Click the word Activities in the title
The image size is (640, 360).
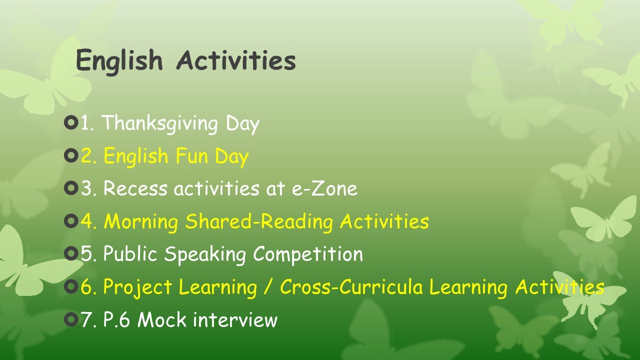(x=236, y=60)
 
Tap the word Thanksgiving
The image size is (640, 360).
(x=160, y=123)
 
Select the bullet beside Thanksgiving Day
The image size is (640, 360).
(x=71, y=123)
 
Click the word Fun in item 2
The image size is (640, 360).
(x=191, y=155)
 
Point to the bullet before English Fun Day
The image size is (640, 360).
(x=71, y=155)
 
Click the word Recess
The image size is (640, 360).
(x=135, y=188)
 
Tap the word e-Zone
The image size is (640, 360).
(x=324, y=188)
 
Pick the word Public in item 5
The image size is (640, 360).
(x=130, y=253)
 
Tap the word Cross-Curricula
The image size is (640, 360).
(x=351, y=286)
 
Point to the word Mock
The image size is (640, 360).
(x=162, y=319)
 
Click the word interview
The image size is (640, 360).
(x=235, y=319)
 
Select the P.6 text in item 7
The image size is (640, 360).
(x=117, y=319)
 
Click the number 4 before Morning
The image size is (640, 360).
(x=86, y=221)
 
